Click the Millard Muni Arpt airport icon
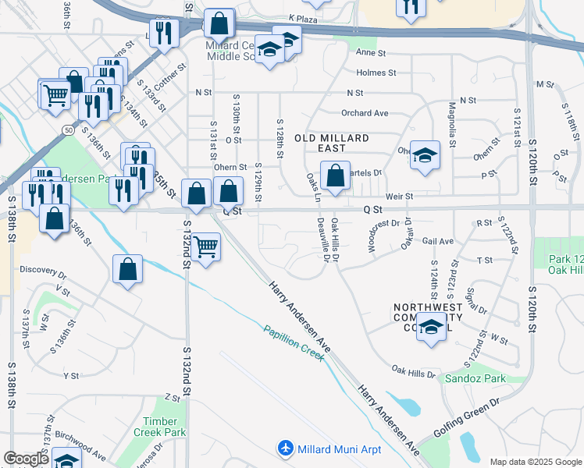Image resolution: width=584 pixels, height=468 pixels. tap(287, 448)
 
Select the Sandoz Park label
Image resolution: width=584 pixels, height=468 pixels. tap(475, 379)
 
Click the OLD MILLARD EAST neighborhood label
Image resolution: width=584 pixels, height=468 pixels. tap(331, 138)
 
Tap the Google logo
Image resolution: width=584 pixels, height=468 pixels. tap(27, 459)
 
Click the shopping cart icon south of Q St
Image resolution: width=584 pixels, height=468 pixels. tap(205, 246)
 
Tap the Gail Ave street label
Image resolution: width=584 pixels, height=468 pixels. tap(437, 242)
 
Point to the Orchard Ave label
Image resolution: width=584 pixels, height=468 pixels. tap(364, 113)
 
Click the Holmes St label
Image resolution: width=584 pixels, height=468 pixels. tap(376, 73)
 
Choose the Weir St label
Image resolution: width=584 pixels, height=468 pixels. tap(398, 197)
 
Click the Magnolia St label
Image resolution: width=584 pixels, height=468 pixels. tap(451, 124)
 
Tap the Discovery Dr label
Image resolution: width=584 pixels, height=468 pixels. tap(44, 271)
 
